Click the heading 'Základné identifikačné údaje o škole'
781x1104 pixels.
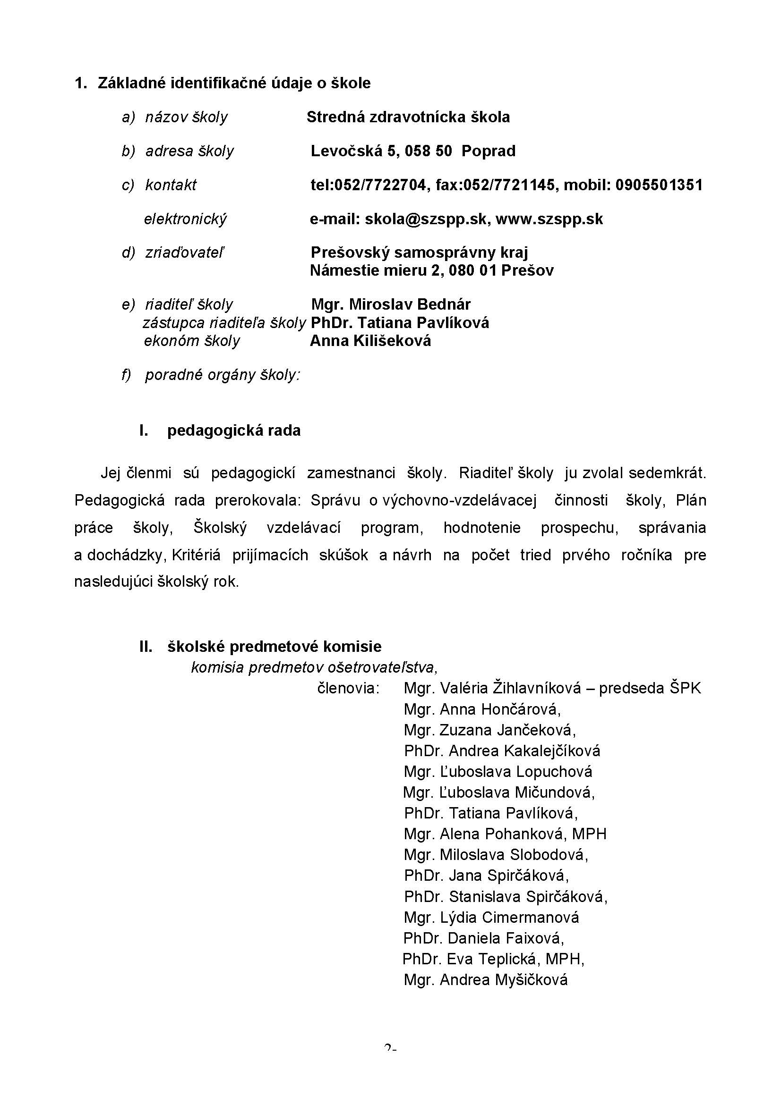(234, 83)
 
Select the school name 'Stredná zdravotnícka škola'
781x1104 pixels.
(408, 118)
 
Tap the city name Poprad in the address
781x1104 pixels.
(489, 151)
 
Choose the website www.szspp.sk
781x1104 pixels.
(549, 219)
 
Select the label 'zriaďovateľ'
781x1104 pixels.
(185, 253)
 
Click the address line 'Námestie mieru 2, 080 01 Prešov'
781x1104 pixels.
(432, 271)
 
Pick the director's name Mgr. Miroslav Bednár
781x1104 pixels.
(391, 304)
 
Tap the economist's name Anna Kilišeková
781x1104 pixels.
(370, 341)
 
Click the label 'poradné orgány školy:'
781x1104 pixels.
(223, 375)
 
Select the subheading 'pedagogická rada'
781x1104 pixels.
(234, 430)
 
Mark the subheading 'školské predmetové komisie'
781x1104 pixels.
(275, 647)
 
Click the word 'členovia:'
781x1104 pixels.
(348, 689)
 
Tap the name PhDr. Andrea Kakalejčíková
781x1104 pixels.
(502, 751)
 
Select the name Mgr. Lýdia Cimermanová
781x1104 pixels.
(491, 918)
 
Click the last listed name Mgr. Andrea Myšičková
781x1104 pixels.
(486, 980)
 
